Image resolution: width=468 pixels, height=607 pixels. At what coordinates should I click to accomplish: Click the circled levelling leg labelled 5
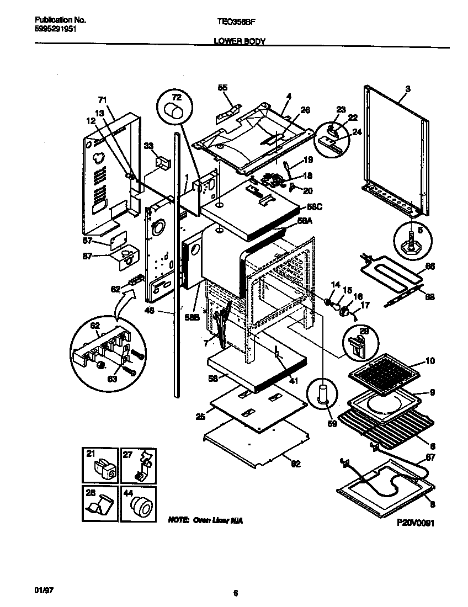point(412,239)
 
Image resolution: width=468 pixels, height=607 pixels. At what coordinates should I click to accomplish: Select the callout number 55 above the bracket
point(222,88)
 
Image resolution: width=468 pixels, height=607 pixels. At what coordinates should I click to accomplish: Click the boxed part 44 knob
point(138,503)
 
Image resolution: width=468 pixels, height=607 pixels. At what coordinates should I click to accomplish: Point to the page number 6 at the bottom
point(235,594)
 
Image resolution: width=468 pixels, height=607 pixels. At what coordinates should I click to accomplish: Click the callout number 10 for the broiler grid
point(429,361)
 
